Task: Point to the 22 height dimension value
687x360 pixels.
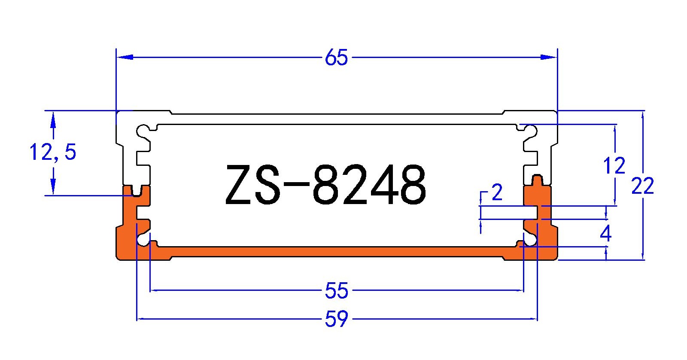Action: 642,186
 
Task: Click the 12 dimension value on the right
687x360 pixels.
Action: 614,166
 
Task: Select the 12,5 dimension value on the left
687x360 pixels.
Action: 53,152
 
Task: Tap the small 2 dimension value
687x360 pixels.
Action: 497,192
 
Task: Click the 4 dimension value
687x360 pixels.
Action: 605,234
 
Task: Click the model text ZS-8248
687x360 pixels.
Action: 325,185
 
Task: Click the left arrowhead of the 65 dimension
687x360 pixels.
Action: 125,57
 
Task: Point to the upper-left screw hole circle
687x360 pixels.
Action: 143,130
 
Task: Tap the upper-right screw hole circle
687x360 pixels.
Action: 531,130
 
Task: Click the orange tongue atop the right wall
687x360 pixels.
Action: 537,180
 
